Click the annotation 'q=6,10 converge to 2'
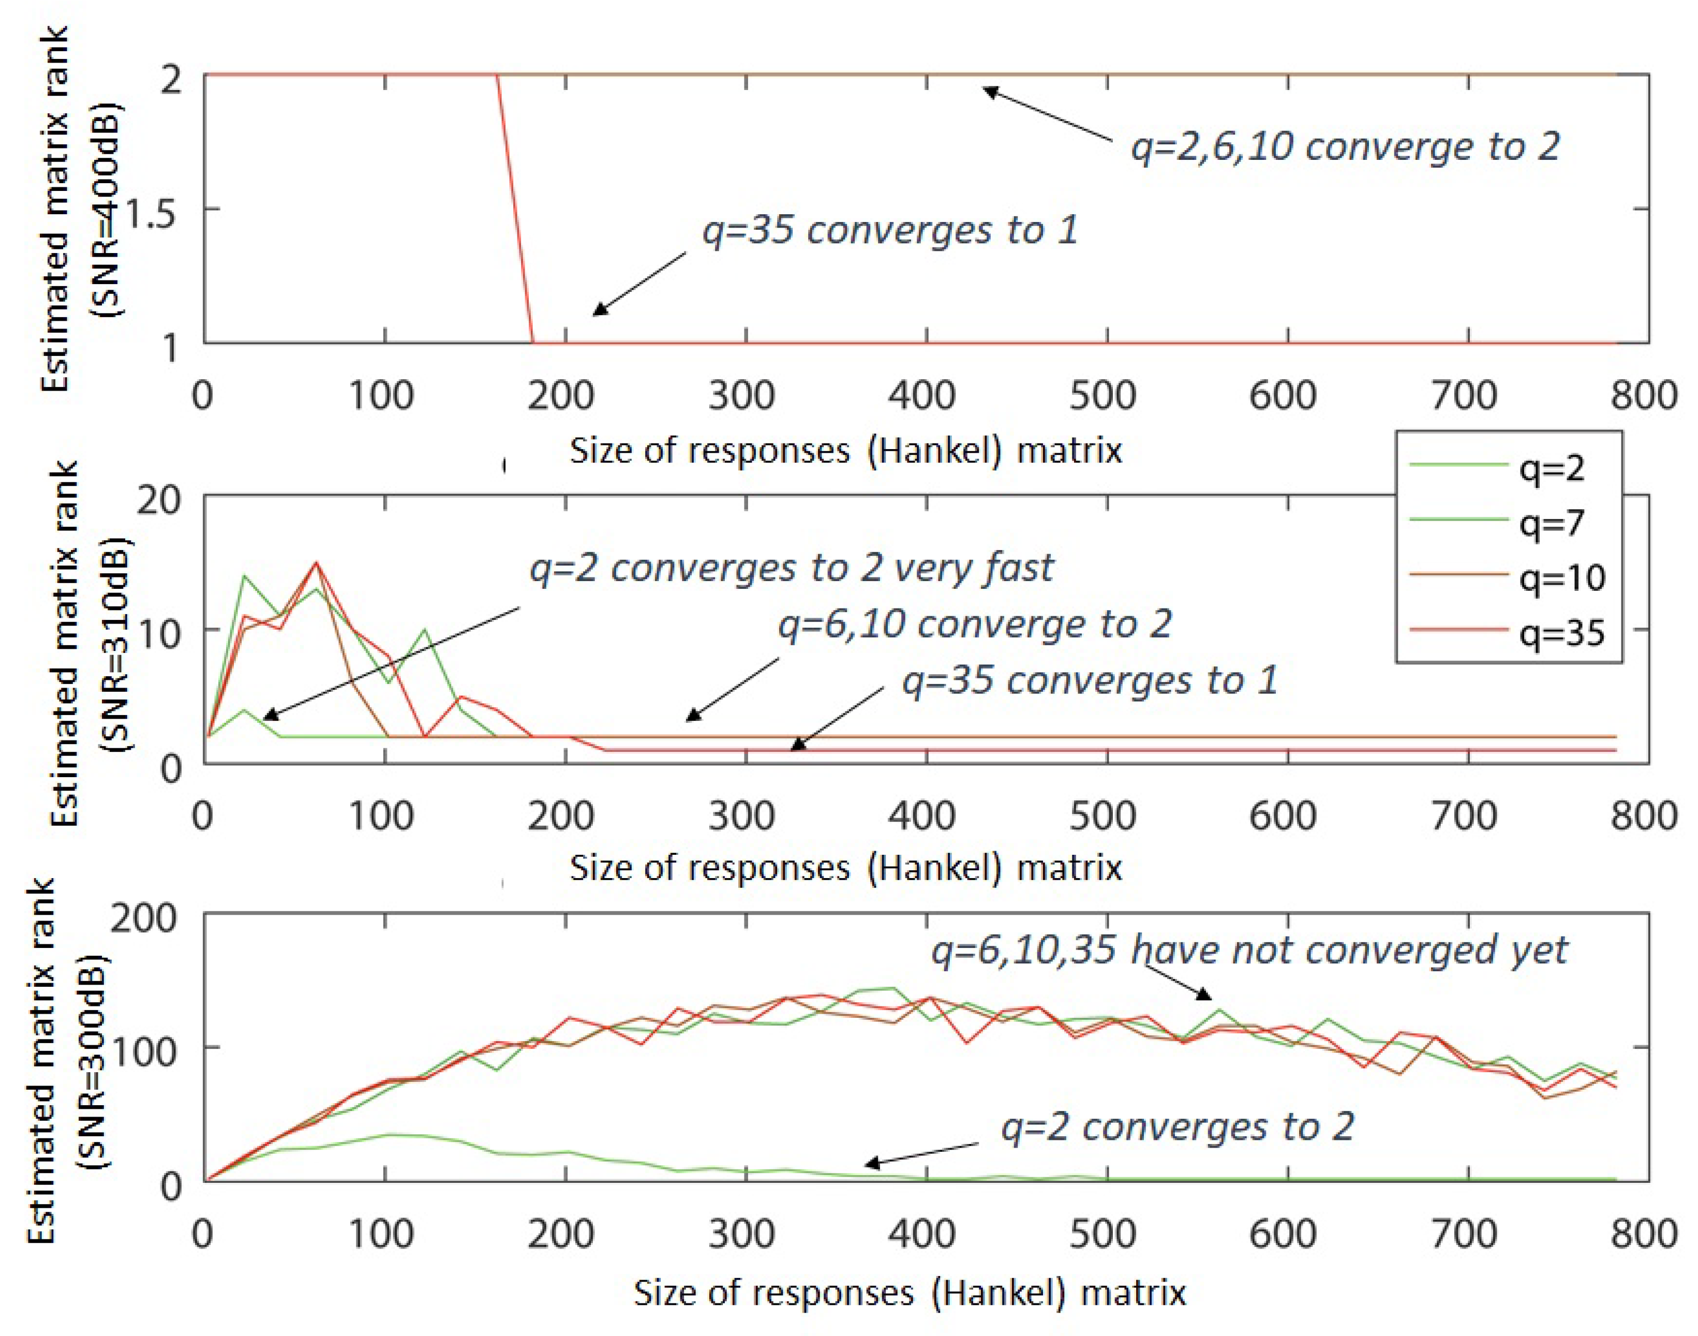[x=975, y=624]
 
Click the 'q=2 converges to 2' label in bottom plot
[x=1177, y=1127]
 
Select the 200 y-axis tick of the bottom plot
[x=143, y=917]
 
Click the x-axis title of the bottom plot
[x=910, y=1293]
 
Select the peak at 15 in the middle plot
[x=316, y=562]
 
